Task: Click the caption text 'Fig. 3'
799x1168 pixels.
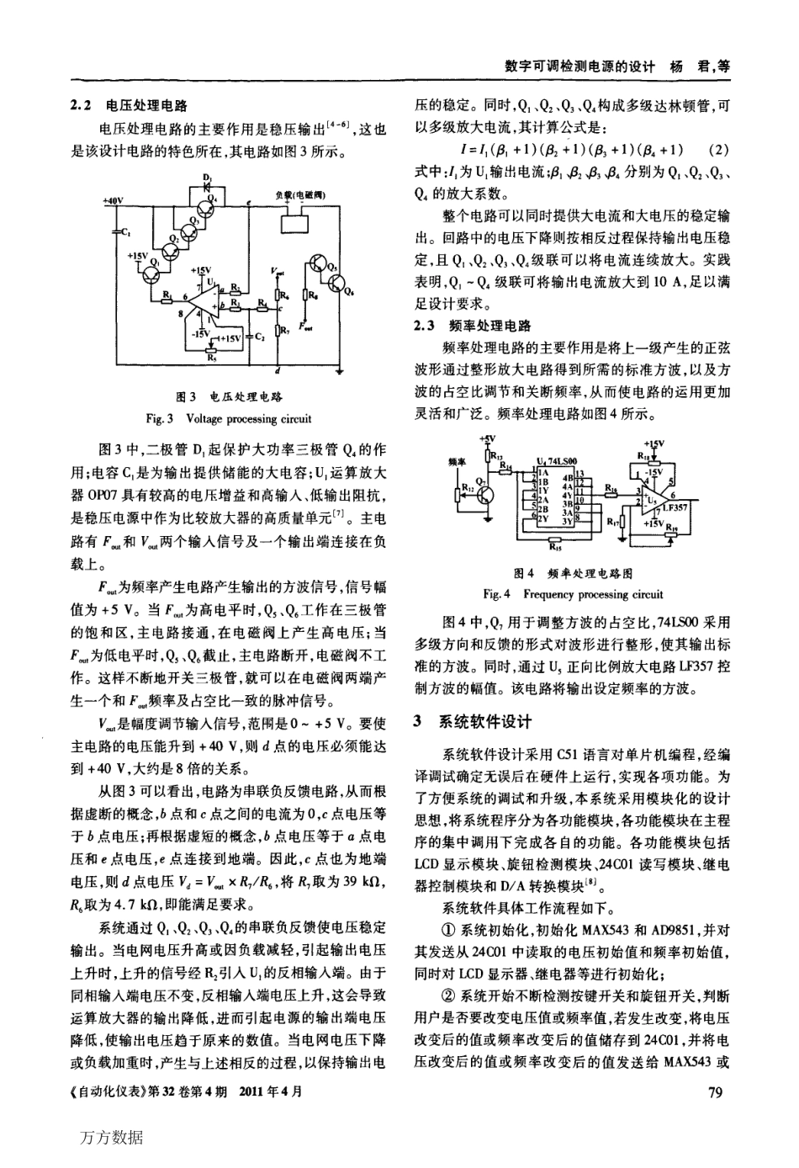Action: click(x=160, y=418)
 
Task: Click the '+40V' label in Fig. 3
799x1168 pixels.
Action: click(x=113, y=200)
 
